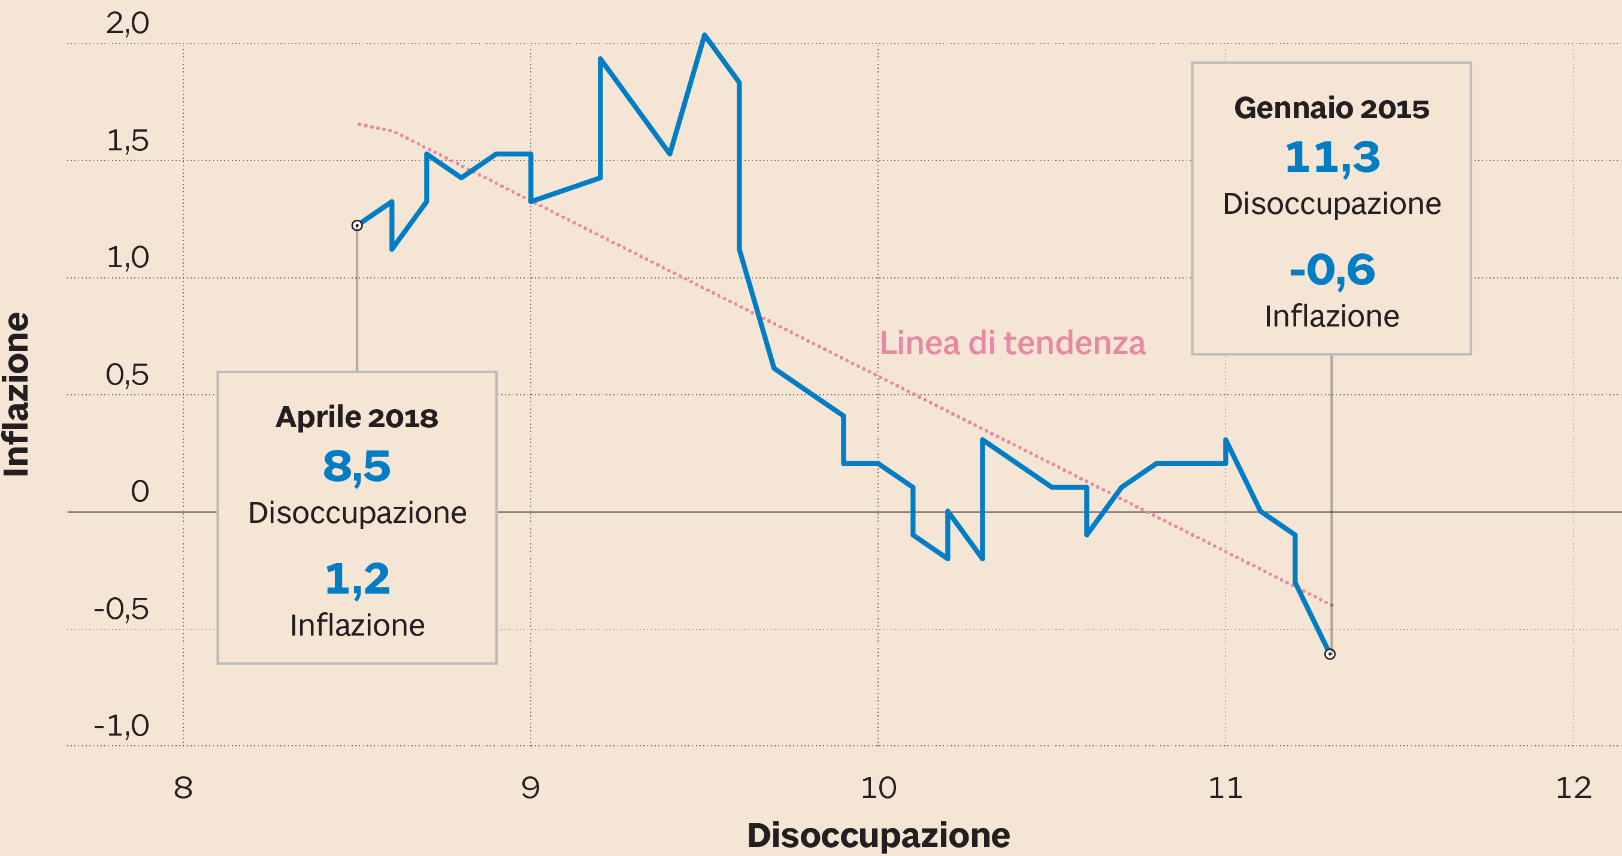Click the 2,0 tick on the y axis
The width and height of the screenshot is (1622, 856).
127,24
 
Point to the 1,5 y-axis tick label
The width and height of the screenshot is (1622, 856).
127,140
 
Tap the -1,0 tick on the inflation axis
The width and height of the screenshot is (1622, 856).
121,725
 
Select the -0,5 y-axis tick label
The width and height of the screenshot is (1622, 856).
121,609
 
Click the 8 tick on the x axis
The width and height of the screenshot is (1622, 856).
183,788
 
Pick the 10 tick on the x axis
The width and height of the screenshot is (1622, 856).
877,788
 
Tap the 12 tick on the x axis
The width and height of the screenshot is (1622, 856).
1573,788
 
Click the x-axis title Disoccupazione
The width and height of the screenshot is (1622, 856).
877,836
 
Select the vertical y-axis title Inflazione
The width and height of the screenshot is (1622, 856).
17,394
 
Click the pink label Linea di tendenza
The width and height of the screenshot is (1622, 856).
1012,343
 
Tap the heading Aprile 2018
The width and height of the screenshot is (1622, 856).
356,417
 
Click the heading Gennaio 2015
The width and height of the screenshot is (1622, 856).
1331,108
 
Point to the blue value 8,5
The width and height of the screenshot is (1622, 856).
356,467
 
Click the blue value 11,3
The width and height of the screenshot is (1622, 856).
1331,158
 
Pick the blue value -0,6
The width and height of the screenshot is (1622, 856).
1331,270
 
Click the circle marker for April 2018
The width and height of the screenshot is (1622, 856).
357,225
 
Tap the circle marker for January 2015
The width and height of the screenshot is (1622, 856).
1330,654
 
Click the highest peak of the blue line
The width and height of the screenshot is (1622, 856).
704,35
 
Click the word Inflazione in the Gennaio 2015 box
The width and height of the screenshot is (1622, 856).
1331,316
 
